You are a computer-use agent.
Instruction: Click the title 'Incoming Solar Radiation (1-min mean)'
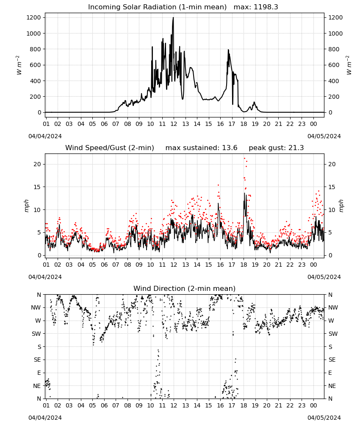click(x=157, y=7)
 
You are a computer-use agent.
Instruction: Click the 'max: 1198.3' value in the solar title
click(x=256, y=7)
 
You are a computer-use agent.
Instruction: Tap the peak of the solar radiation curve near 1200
click(x=173, y=17)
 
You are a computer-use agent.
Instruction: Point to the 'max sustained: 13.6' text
click(x=201, y=148)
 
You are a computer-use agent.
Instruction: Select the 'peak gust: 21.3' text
click(x=276, y=148)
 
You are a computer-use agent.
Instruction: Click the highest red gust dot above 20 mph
click(x=244, y=159)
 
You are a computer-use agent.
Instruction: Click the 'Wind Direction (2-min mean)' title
click(x=185, y=288)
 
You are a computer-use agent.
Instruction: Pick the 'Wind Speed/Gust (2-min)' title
click(x=110, y=148)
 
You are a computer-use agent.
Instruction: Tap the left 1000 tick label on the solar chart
click(x=34, y=33)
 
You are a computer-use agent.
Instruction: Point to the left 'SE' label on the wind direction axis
click(x=37, y=360)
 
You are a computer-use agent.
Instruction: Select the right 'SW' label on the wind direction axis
click(x=333, y=334)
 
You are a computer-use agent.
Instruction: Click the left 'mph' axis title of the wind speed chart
click(x=26, y=206)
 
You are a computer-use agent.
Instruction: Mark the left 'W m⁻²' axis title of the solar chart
click(x=19, y=65)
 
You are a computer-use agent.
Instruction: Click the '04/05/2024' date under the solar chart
click(x=324, y=136)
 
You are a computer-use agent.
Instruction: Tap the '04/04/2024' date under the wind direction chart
click(x=45, y=418)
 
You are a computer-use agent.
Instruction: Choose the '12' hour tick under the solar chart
click(x=174, y=124)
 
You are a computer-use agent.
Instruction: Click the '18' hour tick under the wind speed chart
click(x=244, y=265)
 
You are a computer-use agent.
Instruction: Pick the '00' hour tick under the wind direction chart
click(x=313, y=406)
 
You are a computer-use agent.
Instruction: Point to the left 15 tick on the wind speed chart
click(x=38, y=187)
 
